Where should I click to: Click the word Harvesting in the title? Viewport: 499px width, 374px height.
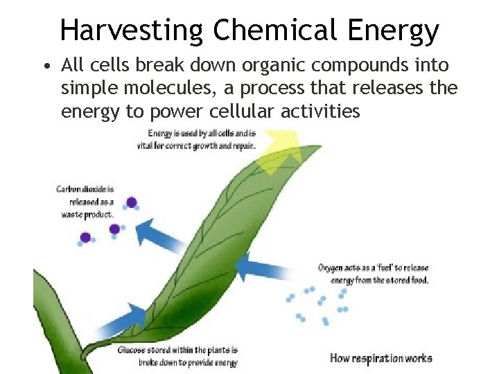point(132,30)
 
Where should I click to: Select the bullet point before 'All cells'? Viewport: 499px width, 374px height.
point(46,67)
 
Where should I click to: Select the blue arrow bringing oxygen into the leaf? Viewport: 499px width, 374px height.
point(267,267)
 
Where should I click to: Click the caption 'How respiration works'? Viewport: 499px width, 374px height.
point(380,358)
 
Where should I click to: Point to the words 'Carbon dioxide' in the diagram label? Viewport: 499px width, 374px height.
point(84,188)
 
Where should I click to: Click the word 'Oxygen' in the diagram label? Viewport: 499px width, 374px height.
point(332,268)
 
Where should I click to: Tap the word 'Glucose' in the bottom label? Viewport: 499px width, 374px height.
point(133,350)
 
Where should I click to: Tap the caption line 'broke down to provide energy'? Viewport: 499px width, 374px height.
point(178,362)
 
